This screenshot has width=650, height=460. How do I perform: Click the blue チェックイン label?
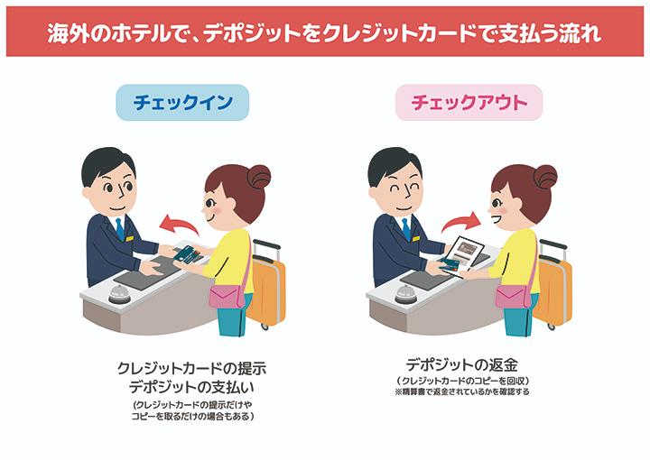(182, 102)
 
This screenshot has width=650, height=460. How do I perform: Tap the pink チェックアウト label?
(469, 102)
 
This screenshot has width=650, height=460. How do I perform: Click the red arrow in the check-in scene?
(178, 225)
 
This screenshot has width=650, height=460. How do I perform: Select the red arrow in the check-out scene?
(461, 222)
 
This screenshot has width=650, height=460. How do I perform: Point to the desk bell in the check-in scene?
(120, 293)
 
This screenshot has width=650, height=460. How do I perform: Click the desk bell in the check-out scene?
(406, 293)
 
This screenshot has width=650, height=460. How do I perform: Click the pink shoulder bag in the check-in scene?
(225, 297)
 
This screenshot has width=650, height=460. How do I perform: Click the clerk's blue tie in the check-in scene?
(120, 229)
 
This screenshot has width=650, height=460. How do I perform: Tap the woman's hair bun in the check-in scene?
(259, 177)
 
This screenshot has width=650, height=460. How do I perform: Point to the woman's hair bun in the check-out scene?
(545, 177)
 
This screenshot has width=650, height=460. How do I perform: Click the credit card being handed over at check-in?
(188, 254)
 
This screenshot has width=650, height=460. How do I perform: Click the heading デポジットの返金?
(462, 364)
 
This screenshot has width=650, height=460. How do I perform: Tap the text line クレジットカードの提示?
(191, 368)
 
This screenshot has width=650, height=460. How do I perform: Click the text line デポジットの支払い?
(191, 387)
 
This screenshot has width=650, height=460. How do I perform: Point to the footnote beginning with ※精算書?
(462, 391)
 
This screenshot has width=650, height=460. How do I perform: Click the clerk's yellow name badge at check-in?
(130, 238)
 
